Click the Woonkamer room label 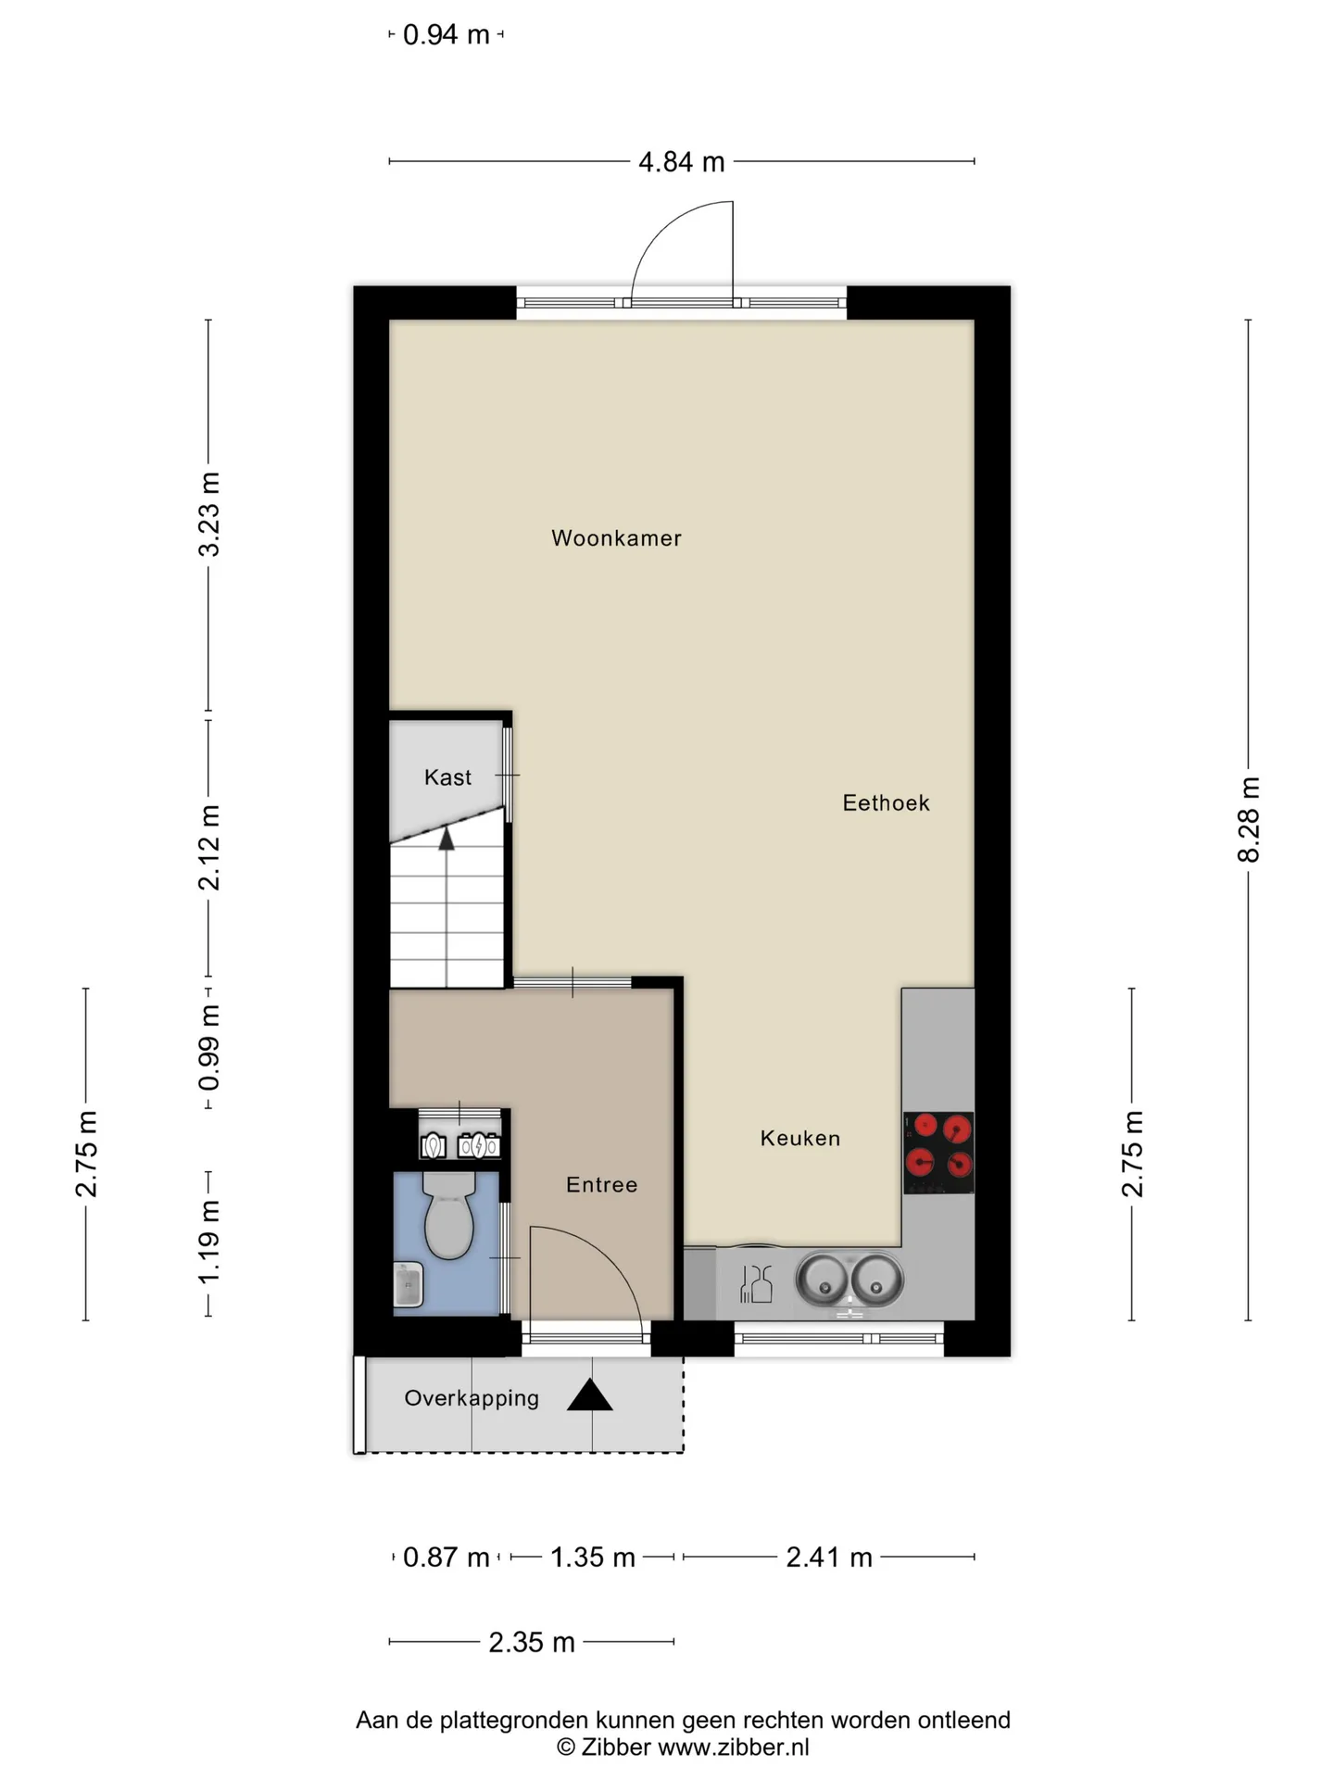[x=616, y=538]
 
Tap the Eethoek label [x=886, y=803]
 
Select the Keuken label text [x=800, y=1139]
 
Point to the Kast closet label [x=447, y=777]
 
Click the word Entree [x=602, y=1185]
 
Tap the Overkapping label [x=472, y=1399]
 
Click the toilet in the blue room [x=448, y=1215]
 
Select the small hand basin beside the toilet [x=408, y=1285]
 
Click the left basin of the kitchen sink [x=822, y=1280]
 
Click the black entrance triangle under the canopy [x=590, y=1395]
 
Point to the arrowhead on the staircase [x=447, y=839]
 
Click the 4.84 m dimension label [x=681, y=162]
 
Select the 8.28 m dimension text [x=1249, y=820]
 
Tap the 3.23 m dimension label [x=209, y=514]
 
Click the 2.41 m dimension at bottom [x=829, y=1558]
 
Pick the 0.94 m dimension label [x=446, y=35]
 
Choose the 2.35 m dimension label [x=532, y=1643]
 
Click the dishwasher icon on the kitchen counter [x=756, y=1283]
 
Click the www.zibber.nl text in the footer [x=734, y=1747]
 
